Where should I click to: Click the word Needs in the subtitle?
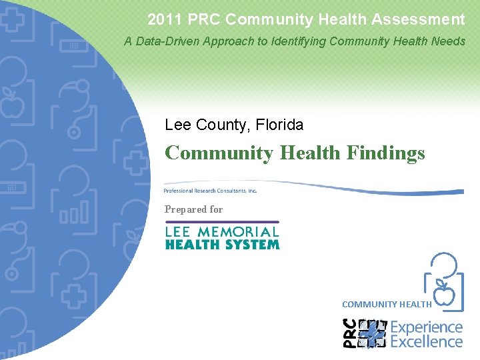(449, 41)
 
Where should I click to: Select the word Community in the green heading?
(219, 153)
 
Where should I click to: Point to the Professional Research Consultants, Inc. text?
(210, 191)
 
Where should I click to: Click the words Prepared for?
(193, 209)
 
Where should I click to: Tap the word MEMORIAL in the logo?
(241, 232)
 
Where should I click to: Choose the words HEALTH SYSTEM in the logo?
(222, 245)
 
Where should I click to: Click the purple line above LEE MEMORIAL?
(222, 222)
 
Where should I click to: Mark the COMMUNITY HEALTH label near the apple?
(387, 305)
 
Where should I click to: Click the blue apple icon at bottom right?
(444, 292)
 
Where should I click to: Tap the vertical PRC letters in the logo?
(349, 333)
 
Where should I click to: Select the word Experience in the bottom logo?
(426, 327)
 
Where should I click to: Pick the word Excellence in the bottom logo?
(426, 341)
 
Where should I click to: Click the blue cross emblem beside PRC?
(373, 333)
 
